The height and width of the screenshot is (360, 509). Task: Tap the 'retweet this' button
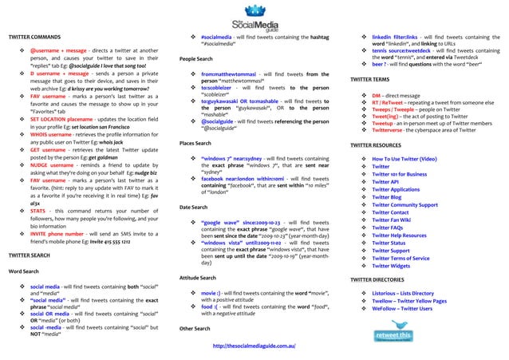point(393,336)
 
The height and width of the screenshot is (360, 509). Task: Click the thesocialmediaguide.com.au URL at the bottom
point(254,346)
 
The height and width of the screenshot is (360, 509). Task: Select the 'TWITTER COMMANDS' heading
point(34,38)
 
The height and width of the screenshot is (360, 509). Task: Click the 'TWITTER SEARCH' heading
point(30,255)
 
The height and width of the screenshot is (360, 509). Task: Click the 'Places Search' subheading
point(195,143)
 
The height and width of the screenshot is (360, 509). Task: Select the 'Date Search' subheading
point(193,207)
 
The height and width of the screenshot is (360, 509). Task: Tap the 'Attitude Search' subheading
point(198,278)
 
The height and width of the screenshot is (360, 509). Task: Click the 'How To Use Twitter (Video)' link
point(404,160)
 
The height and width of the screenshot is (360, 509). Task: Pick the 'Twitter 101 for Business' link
point(400,173)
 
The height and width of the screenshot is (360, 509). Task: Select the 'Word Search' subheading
point(23,271)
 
